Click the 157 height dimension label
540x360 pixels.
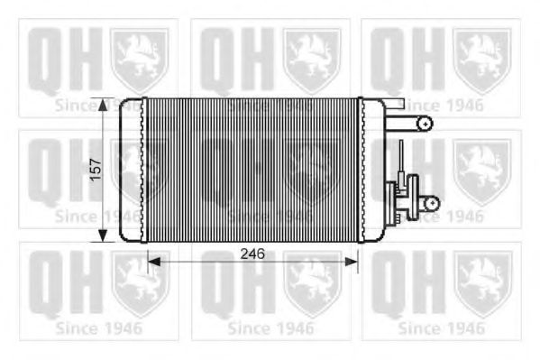pos(96,170)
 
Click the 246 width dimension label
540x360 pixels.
pos(252,254)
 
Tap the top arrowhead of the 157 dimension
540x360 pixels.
pos(102,105)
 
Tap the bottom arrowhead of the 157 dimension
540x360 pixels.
pos(102,235)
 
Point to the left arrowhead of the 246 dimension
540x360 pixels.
pos(154,262)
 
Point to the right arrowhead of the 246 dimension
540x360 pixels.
pos(352,262)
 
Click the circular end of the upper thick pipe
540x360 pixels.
pos(426,123)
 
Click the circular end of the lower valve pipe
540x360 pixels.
pos(432,203)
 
